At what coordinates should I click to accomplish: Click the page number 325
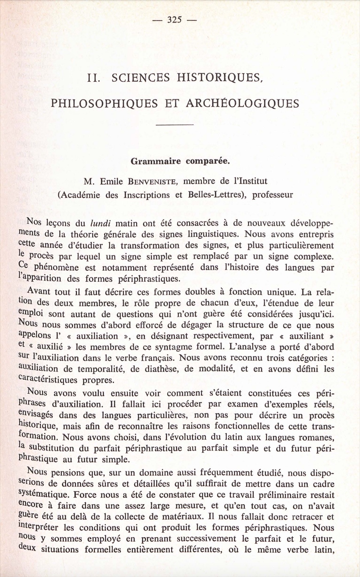coord(175,20)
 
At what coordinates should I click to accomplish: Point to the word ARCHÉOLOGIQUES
coord(242,103)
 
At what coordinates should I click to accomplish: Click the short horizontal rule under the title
coord(174,126)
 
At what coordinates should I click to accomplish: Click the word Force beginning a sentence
coord(85,495)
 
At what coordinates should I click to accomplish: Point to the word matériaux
coord(180,517)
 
